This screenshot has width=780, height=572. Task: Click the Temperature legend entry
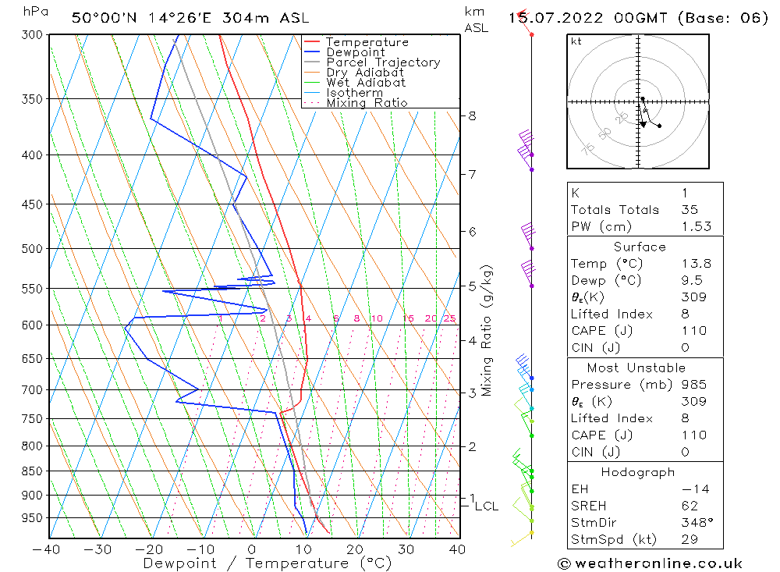coord(367,42)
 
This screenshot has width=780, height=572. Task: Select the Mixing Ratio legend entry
coord(367,102)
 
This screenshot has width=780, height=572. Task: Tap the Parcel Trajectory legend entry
coord(382,62)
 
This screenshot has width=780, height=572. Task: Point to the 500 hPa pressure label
coord(33,249)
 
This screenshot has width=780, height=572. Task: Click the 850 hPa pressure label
coord(33,471)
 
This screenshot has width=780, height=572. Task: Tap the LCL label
coord(486,506)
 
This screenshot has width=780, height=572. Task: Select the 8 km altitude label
coord(472,115)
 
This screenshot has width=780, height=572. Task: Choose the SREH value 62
coord(690,506)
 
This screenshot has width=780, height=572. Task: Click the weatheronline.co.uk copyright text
coord(650,563)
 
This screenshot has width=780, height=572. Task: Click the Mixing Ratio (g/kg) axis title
coord(487,330)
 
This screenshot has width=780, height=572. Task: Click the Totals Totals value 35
coord(690,209)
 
